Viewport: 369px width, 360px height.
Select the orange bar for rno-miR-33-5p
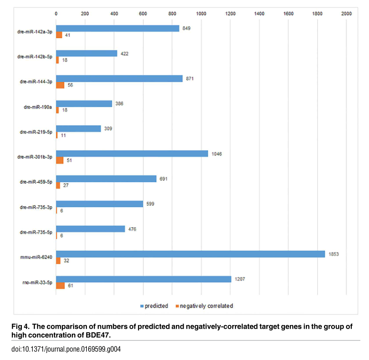(60, 286)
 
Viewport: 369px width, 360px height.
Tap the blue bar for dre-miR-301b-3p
(132, 153)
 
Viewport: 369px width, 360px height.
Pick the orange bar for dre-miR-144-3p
(60, 85)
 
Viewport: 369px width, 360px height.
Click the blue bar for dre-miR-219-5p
(78, 128)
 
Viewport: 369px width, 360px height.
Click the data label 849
(186, 28)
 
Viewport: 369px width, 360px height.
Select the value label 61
(71, 286)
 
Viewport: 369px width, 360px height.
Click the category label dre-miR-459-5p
(36, 182)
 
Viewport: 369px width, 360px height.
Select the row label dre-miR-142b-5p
(35, 57)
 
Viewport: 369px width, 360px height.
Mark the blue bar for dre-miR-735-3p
(100, 204)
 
